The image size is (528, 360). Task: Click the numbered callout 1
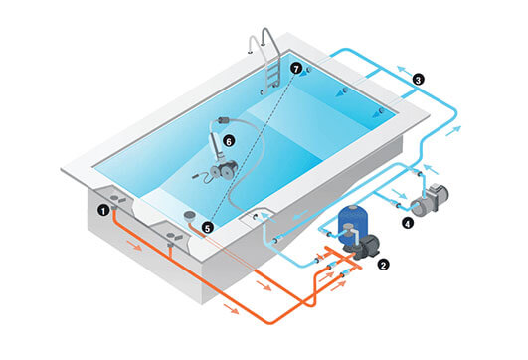point(103,211)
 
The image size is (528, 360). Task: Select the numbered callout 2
point(383,265)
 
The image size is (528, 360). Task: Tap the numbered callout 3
point(418,80)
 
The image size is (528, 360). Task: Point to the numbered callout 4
point(408,223)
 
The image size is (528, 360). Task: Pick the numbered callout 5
point(207,228)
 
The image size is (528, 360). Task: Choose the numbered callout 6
point(229,142)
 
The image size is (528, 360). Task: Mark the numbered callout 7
point(296,69)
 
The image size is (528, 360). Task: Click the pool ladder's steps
point(273,74)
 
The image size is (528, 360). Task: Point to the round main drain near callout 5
point(189,215)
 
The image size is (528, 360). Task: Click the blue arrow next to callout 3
point(403,71)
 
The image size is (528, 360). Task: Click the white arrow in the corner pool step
point(267,216)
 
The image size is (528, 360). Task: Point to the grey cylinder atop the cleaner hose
point(224,120)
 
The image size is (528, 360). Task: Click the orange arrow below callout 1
point(134,246)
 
